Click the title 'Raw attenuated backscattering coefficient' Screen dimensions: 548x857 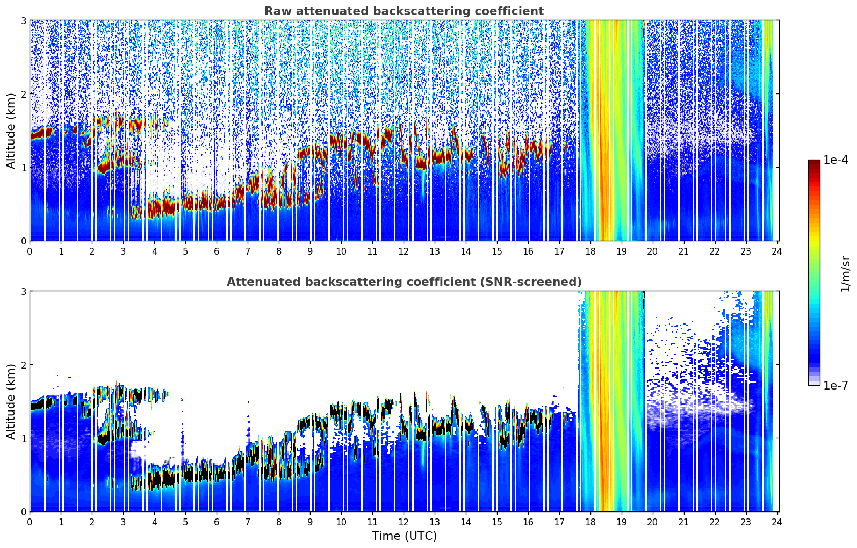coord(404,11)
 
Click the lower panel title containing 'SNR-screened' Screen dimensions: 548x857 coord(404,282)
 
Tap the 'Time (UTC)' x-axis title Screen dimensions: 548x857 coord(404,536)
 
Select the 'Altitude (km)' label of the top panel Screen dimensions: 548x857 coord(11,131)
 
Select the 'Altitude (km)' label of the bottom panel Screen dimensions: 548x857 coord(11,401)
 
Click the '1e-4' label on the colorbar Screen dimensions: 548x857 coord(836,160)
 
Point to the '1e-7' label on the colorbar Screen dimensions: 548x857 coord(836,385)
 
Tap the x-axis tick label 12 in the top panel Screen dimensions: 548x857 coord(404,251)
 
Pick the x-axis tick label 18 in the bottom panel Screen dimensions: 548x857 coord(590,522)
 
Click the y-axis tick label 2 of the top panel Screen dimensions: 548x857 coord(23,94)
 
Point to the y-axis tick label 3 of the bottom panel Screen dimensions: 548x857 coord(23,291)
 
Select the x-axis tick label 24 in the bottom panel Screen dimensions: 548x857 coord(777,522)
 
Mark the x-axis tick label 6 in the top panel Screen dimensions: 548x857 coord(217,251)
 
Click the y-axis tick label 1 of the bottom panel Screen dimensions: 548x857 coord(23,438)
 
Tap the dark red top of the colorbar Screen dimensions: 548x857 coord(814,162)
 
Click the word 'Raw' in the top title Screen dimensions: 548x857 coord(275,11)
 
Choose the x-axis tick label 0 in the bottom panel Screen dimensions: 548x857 coord(30,522)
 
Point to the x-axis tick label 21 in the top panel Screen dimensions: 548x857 coord(683,251)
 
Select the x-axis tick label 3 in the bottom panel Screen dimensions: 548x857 coord(123,522)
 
